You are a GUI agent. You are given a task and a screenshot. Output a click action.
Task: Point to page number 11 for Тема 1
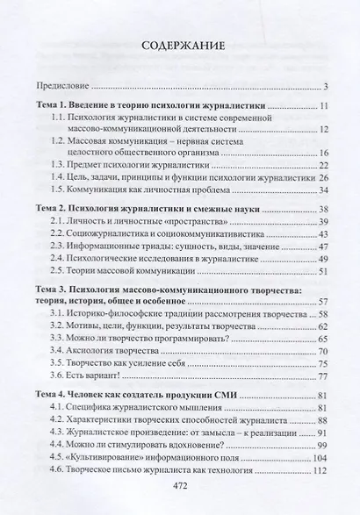click(324, 106)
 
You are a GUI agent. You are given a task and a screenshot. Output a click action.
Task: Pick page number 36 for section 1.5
click(323, 189)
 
